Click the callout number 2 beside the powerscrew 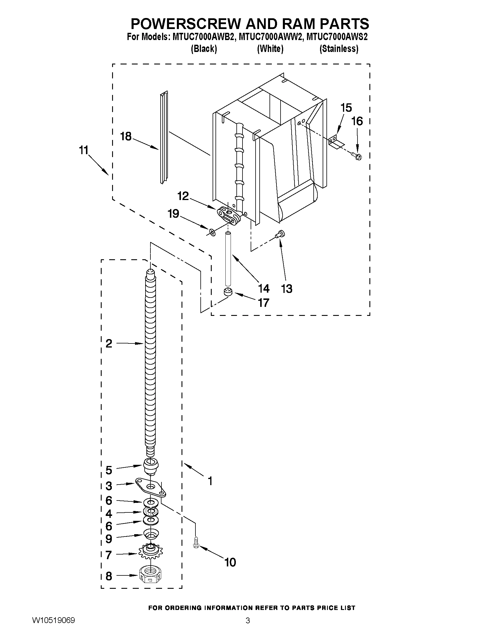(109, 343)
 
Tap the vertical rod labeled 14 (228, 259)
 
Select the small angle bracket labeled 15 (335, 141)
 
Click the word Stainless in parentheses (339, 48)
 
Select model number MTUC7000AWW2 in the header (270, 37)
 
